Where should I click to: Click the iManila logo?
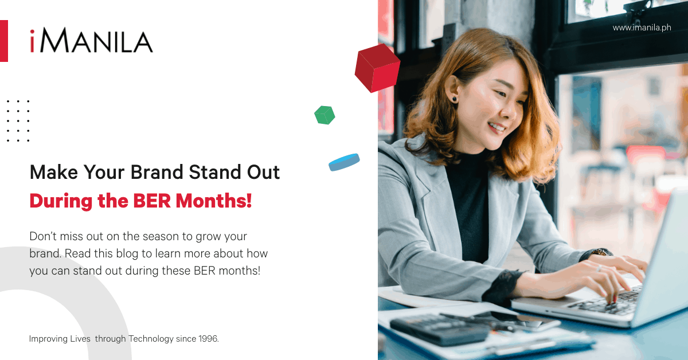(x=91, y=41)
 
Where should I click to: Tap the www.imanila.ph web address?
(x=642, y=28)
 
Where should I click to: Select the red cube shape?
(x=377, y=68)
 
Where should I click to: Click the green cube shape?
(x=325, y=115)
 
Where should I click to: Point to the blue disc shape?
(x=344, y=162)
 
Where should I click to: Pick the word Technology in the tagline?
(x=151, y=339)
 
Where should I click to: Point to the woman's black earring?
(x=454, y=99)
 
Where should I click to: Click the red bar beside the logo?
(x=3, y=41)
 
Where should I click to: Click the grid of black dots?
(x=18, y=120)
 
